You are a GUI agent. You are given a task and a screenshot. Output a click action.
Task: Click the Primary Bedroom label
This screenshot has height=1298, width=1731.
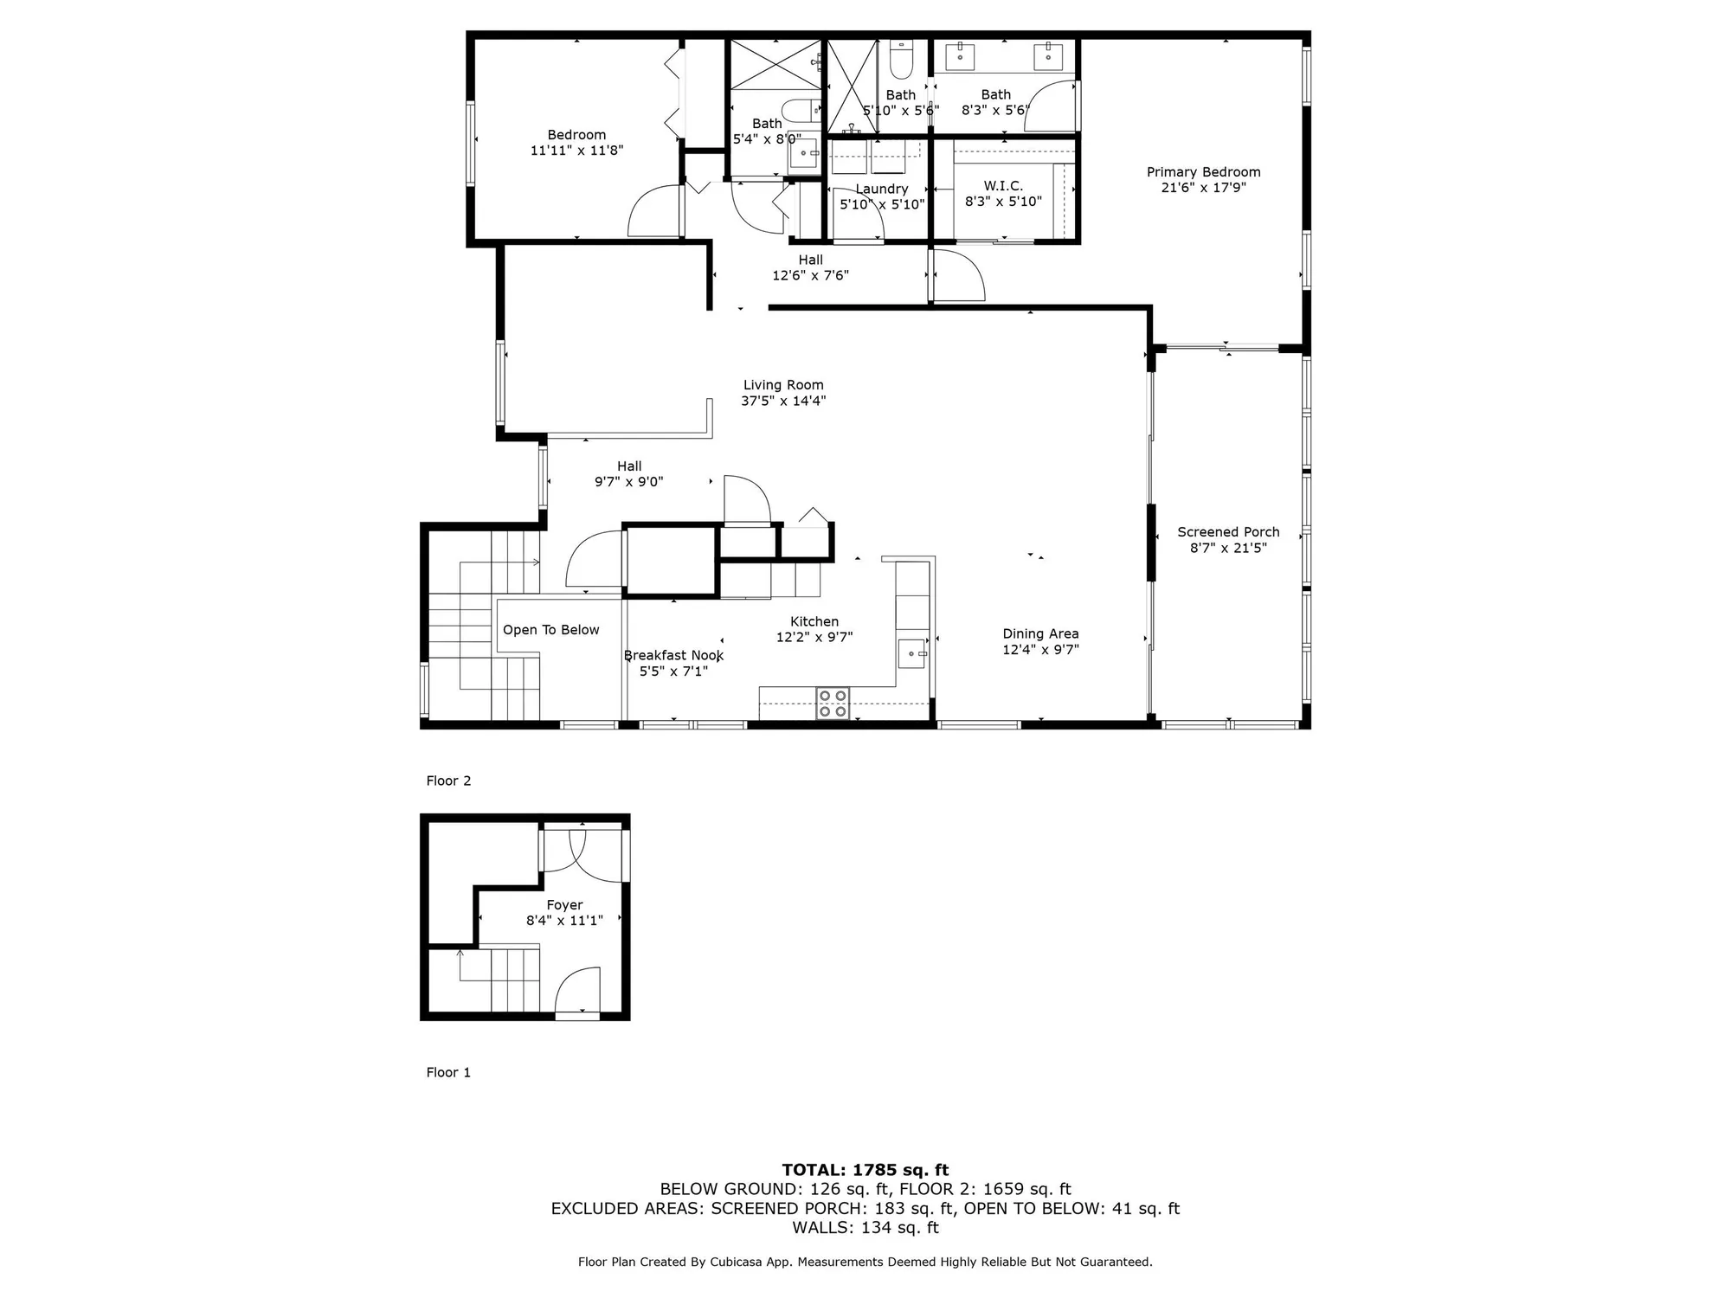tap(1203, 172)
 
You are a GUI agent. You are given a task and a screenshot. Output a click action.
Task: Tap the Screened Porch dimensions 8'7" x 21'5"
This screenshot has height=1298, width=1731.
tap(1228, 548)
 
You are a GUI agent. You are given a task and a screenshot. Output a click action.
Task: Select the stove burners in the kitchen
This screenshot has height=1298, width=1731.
tap(833, 704)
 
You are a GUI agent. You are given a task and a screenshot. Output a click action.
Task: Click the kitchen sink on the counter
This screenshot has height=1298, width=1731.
tap(911, 653)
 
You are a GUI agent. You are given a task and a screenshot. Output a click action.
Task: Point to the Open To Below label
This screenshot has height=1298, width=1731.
tap(550, 630)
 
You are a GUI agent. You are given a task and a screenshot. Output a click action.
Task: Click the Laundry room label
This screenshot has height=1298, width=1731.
tap(882, 189)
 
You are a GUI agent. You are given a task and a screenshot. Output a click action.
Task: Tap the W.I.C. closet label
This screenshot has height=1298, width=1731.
tap(1003, 186)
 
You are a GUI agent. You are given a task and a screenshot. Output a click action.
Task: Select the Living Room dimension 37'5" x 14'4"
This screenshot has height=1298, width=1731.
tap(783, 401)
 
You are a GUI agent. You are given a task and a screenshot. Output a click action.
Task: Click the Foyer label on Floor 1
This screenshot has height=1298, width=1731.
tap(564, 905)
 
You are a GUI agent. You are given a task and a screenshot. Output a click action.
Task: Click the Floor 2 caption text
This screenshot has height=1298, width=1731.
tap(448, 781)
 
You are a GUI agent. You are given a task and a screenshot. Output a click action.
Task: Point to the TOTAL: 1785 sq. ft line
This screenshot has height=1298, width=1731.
tap(865, 1170)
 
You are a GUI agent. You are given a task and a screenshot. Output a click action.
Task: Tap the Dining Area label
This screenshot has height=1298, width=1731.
tap(1040, 633)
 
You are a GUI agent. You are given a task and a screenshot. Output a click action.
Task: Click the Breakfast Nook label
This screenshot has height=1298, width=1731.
tap(673, 655)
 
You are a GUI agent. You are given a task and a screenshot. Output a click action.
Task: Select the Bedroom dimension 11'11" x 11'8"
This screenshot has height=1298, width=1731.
tap(576, 151)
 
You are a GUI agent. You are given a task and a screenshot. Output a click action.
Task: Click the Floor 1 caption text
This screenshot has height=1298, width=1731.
tap(448, 1072)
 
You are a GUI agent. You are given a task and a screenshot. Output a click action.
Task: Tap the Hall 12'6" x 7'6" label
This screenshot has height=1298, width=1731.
tap(810, 260)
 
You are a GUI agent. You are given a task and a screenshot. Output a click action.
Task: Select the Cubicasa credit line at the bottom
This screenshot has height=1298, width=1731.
tap(865, 1263)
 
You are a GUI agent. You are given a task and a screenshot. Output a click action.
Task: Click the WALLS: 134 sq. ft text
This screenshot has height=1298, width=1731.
tap(865, 1227)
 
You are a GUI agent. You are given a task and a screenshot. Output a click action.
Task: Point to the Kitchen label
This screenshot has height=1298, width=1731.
tap(814, 621)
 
